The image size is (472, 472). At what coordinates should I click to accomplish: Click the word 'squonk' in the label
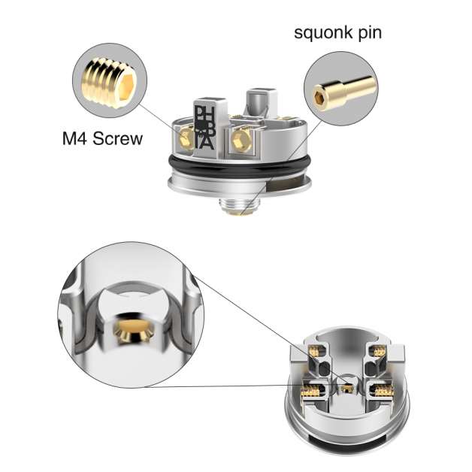click(x=323, y=33)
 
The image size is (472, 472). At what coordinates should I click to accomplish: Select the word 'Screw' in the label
click(x=117, y=138)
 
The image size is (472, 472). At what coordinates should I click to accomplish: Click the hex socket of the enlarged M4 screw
click(x=127, y=86)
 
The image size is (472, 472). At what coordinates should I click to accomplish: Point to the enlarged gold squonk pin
click(x=342, y=91)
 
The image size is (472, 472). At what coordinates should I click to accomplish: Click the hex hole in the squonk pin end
click(x=319, y=97)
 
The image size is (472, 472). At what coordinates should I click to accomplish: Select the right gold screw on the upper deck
click(x=241, y=138)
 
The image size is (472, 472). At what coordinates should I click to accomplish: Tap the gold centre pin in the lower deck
click(x=346, y=388)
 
